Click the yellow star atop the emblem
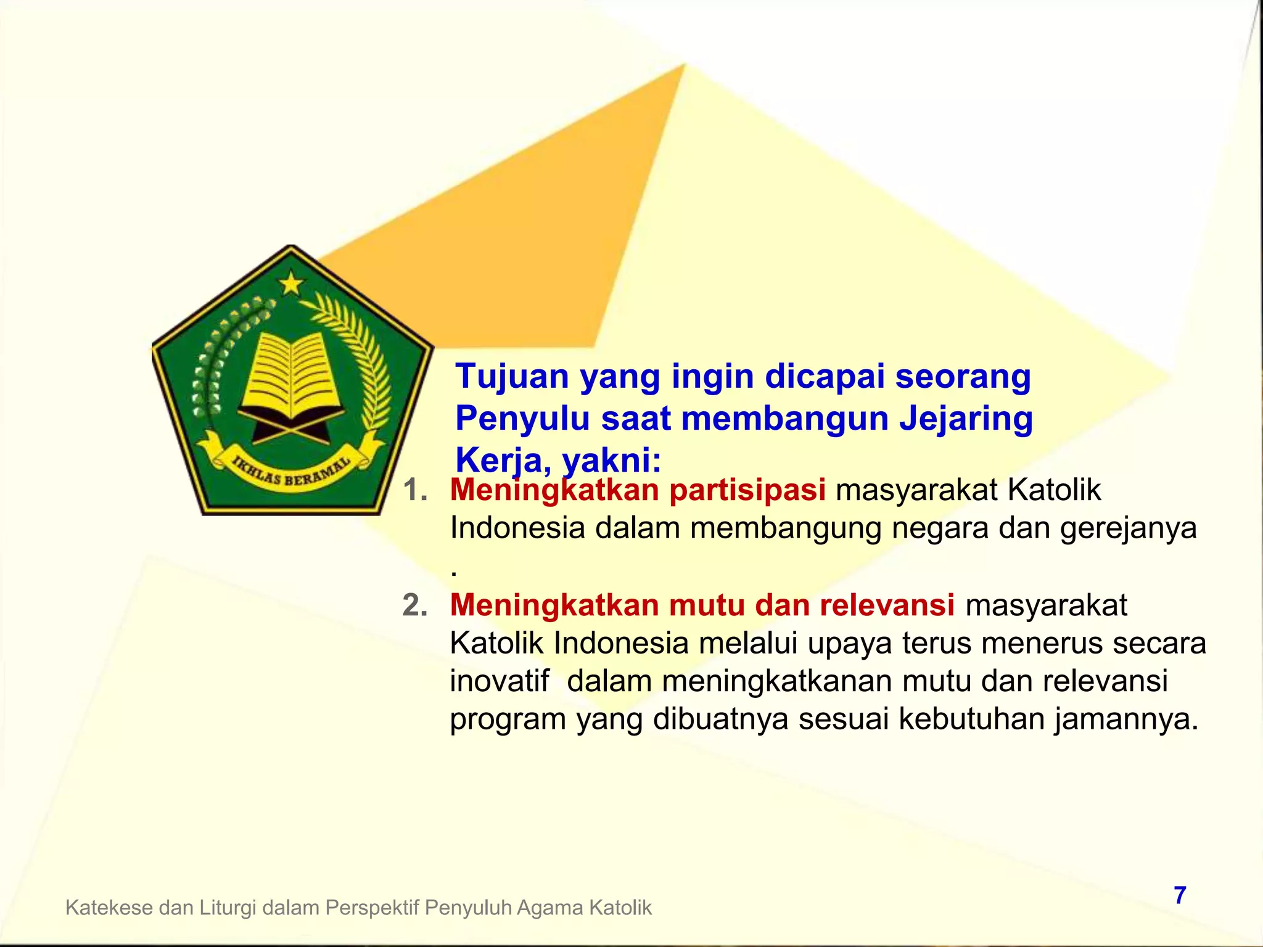(291, 284)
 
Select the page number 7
(1180, 895)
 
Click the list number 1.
(414, 490)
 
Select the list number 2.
(414, 605)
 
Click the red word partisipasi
(747, 490)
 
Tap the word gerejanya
(1128, 529)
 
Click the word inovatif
(499, 681)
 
